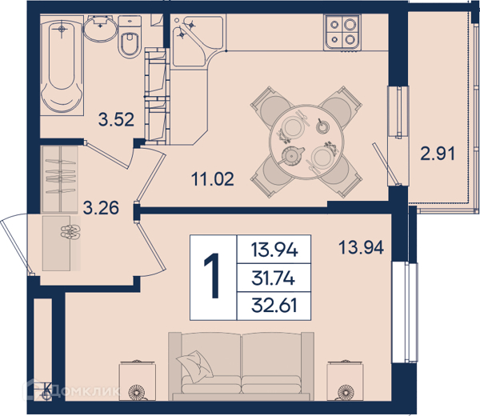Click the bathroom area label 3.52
[x=116, y=120]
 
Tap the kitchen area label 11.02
[x=213, y=178]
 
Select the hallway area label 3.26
[x=101, y=208]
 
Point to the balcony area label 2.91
[x=438, y=154]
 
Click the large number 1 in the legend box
[x=212, y=275]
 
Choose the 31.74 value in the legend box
[x=273, y=278]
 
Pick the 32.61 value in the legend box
[x=274, y=306]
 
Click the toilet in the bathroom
[x=130, y=37]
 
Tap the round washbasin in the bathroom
[x=101, y=28]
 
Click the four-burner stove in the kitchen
[x=342, y=32]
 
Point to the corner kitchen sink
[x=198, y=41]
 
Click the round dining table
[x=306, y=142]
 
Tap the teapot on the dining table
[x=292, y=154]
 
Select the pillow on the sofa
[x=194, y=366]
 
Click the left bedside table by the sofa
[x=138, y=381]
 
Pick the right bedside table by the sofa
[x=345, y=381]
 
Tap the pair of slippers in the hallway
[x=70, y=232]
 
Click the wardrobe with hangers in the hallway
[x=59, y=179]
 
